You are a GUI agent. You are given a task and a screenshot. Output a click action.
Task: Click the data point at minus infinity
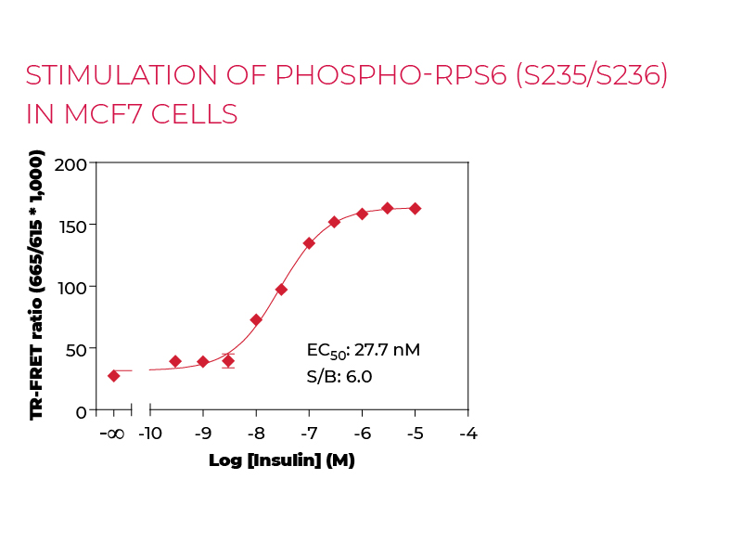113,376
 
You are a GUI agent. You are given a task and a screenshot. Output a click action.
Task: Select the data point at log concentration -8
256,320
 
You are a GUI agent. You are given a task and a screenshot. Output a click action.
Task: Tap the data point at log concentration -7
309,243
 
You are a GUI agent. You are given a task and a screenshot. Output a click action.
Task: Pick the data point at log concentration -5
415,209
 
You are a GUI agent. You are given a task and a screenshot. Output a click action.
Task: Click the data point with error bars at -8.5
228,361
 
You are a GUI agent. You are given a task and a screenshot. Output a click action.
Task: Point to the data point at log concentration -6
362,214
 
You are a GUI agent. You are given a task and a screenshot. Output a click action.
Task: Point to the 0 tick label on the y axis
82,411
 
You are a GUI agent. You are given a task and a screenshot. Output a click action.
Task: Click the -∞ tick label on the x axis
112,434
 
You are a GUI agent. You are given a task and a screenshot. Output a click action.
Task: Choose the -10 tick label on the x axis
150,434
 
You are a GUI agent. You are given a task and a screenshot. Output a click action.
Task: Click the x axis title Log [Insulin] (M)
282,460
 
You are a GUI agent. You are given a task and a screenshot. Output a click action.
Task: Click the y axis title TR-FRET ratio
37,288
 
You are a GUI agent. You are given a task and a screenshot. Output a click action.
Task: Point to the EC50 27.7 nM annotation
363,351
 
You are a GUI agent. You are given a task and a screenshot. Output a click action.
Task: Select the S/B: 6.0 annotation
339,376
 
